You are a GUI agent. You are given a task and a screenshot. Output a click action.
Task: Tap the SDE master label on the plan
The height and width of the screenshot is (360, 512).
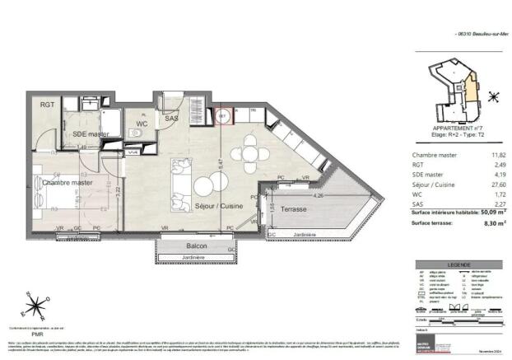point(91,133)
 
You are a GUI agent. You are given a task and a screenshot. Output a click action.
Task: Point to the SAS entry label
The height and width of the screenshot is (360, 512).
point(171,119)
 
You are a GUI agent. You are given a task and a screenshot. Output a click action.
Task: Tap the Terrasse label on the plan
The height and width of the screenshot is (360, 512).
point(286,210)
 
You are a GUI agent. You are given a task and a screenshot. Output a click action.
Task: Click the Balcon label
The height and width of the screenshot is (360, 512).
point(196,246)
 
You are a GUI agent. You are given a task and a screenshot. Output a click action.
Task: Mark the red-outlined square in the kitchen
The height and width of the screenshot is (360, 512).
point(222,116)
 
